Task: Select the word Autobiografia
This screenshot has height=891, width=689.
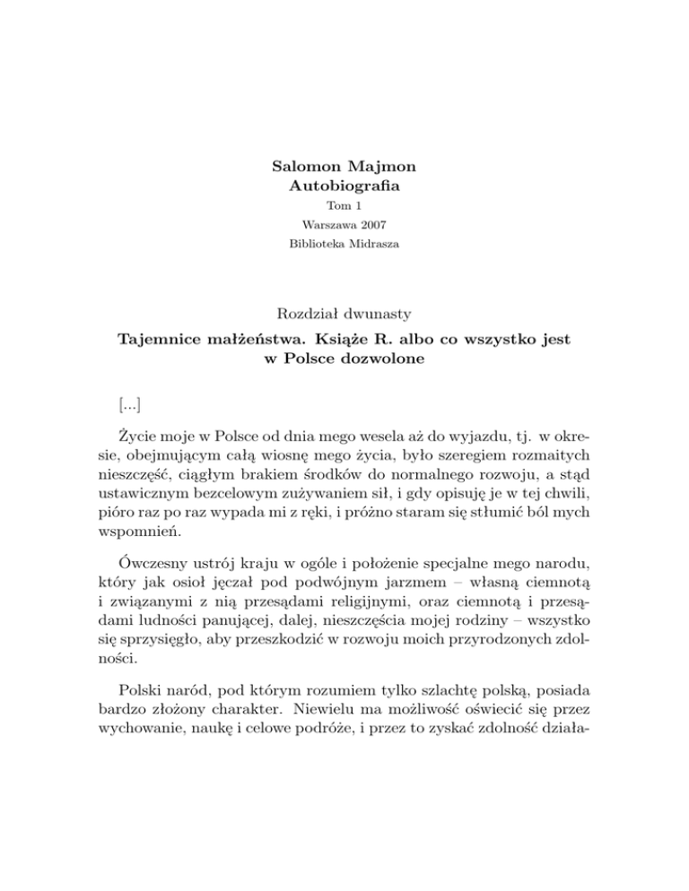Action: (344, 188)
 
